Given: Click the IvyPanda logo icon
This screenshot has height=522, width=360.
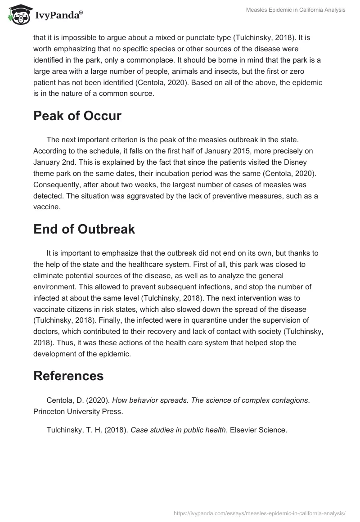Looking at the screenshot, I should coord(18,14).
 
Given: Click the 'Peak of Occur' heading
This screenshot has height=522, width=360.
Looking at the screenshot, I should coord(77,116).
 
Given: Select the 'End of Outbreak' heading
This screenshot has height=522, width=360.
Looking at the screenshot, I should coord(84,229).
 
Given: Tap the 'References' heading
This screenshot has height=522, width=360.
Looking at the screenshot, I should coord(68,375).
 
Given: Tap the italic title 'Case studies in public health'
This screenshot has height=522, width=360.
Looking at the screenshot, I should coord(178,430).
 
